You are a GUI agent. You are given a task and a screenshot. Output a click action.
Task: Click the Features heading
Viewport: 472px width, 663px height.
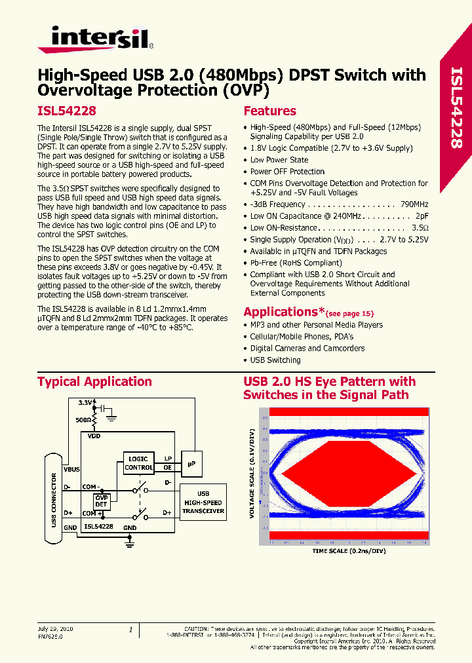tap(269, 111)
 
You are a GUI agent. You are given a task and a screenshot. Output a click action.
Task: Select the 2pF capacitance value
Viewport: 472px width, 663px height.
tap(421, 216)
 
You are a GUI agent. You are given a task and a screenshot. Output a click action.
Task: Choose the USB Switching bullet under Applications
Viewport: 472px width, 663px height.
tap(275, 360)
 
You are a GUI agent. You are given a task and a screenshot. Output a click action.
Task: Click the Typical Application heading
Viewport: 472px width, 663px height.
tap(94, 382)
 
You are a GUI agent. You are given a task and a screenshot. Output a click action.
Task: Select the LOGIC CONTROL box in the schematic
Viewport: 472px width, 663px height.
tap(138, 463)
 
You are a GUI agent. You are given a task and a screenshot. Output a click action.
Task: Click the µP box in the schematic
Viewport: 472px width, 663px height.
tap(191, 464)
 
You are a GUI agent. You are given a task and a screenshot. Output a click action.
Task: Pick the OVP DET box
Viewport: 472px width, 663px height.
tap(102, 502)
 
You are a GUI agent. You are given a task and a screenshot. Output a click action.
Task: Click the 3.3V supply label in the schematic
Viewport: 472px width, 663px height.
tap(86, 402)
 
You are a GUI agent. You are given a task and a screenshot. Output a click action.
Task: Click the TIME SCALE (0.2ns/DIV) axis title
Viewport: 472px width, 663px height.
tap(347, 552)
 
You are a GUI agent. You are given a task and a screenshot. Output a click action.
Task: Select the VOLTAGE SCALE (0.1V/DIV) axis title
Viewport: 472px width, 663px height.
tap(251, 474)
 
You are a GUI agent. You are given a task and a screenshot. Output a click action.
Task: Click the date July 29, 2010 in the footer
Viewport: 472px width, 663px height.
tap(56, 628)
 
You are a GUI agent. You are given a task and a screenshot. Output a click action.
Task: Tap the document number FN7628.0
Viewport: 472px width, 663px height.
tap(50, 635)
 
